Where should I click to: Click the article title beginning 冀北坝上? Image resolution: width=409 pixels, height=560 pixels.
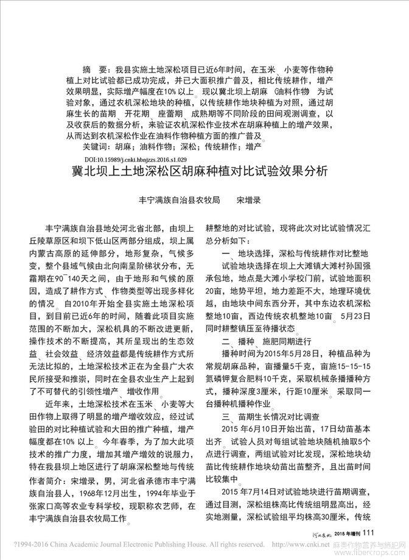coord(204,171)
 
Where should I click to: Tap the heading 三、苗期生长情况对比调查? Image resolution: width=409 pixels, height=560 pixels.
coord(267,416)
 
